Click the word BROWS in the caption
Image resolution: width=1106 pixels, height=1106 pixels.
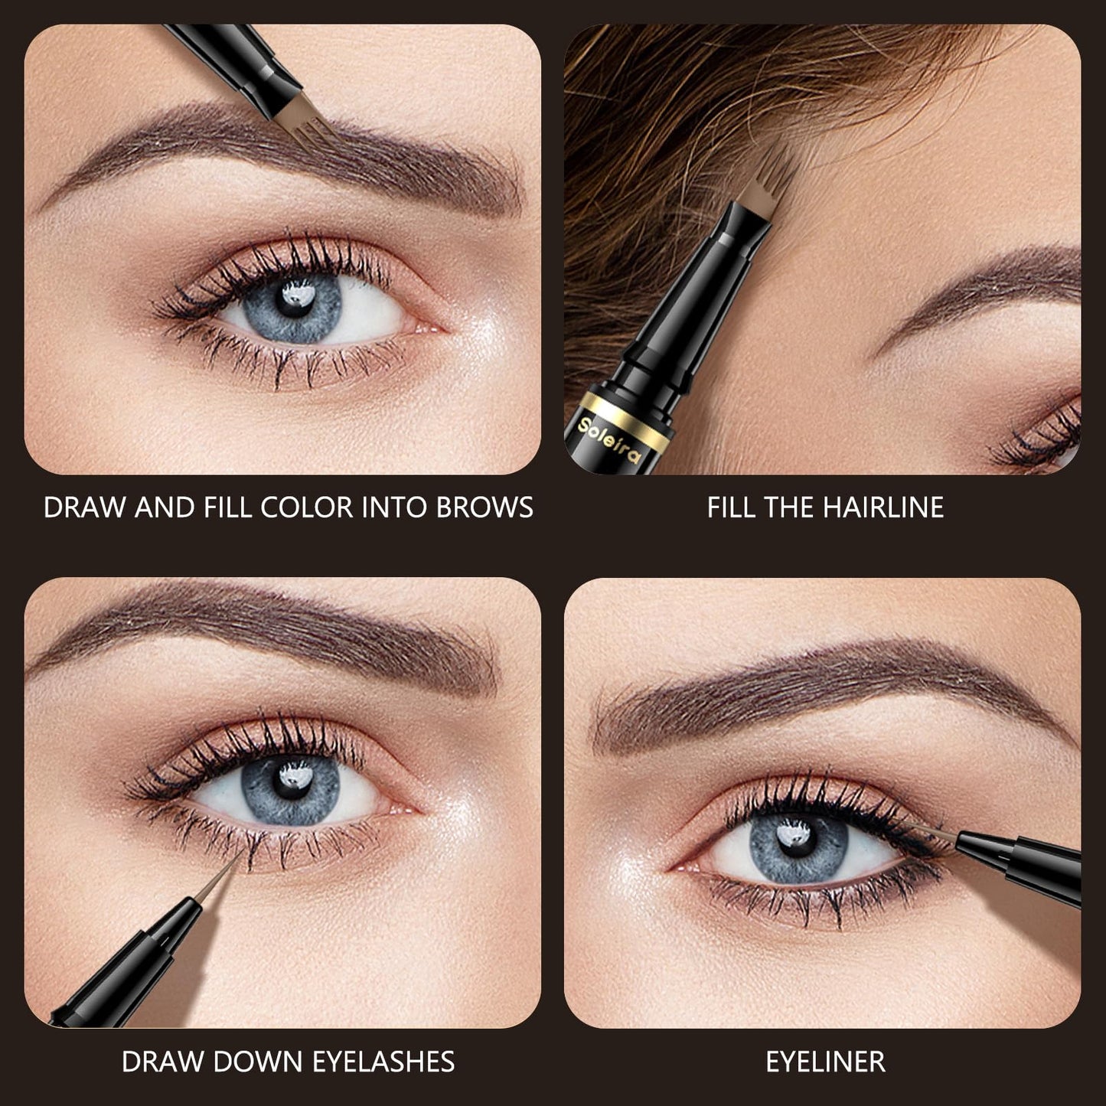pyautogui.click(x=484, y=507)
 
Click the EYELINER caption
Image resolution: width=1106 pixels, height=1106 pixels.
pyautogui.click(x=825, y=1061)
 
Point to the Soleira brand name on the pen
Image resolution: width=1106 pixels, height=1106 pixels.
pyautogui.click(x=608, y=441)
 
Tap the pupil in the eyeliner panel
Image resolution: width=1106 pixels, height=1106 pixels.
pyautogui.click(x=798, y=840)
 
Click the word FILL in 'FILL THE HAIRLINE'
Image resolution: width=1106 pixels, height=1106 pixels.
pyautogui.click(x=729, y=507)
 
